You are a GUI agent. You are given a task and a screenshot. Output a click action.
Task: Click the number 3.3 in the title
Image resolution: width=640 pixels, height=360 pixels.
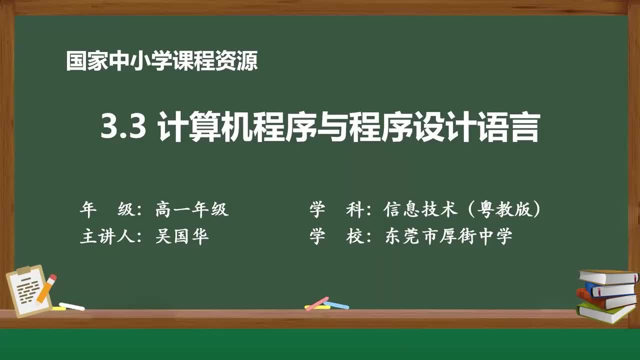click(x=123, y=127)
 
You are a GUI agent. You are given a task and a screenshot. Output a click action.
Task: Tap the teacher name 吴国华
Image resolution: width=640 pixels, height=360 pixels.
click(x=181, y=236)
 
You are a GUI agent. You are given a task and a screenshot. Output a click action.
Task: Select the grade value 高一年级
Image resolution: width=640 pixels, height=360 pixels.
click(x=191, y=209)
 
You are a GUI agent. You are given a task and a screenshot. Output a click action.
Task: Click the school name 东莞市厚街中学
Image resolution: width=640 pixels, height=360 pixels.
click(x=448, y=236)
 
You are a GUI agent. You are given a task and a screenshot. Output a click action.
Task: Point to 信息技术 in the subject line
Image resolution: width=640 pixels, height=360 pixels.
click(x=420, y=209)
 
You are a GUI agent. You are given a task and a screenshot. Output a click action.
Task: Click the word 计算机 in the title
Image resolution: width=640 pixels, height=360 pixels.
click(x=204, y=127)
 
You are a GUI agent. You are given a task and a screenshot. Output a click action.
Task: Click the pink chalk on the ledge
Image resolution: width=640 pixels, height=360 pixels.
click(x=316, y=303)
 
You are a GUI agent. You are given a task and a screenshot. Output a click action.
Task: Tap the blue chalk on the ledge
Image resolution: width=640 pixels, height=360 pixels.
click(x=336, y=304)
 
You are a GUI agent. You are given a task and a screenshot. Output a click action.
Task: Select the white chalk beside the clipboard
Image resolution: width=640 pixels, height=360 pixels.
click(x=72, y=306)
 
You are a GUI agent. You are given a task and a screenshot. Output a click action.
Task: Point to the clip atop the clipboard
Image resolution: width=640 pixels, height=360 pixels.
click(x=24, y=270)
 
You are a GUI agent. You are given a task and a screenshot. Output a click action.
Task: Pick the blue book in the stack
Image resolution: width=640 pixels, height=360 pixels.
click(x=611, y=289)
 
